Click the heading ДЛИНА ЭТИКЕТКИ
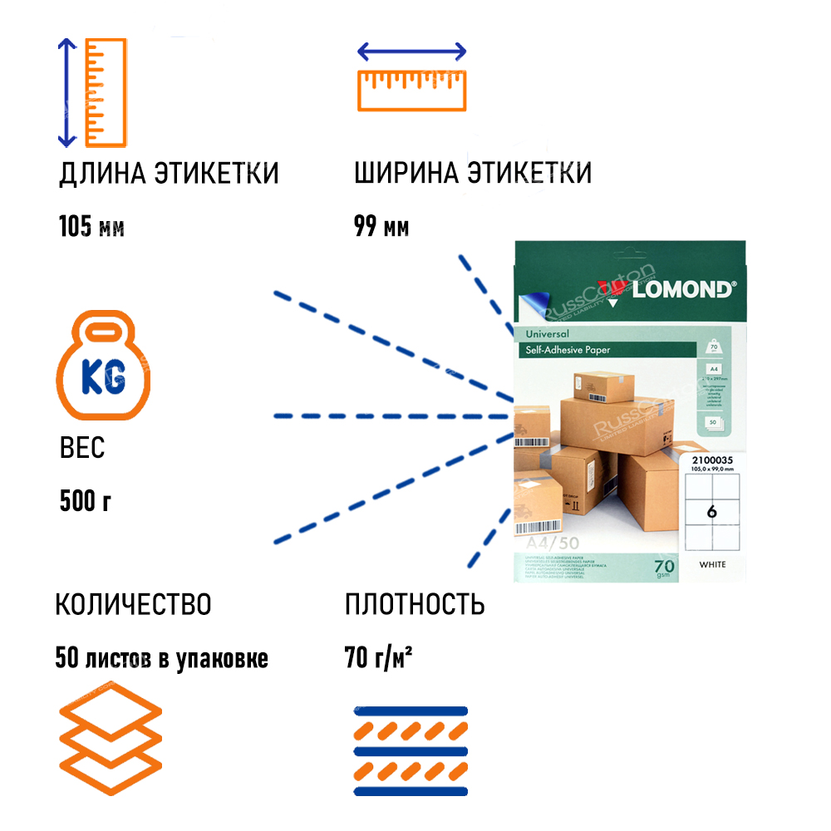[169, 174]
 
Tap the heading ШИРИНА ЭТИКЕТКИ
[473, 174]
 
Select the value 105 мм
[92, 226]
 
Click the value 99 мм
[381, 226]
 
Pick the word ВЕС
[82, 449]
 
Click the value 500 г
[86, 501]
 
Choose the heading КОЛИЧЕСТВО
[133, 604]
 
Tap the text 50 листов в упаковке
[162, 658]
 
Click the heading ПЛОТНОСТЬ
[415, 604]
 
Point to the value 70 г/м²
[379, 658]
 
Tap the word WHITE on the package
[712, 565]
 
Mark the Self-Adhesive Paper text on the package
[568, 350]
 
